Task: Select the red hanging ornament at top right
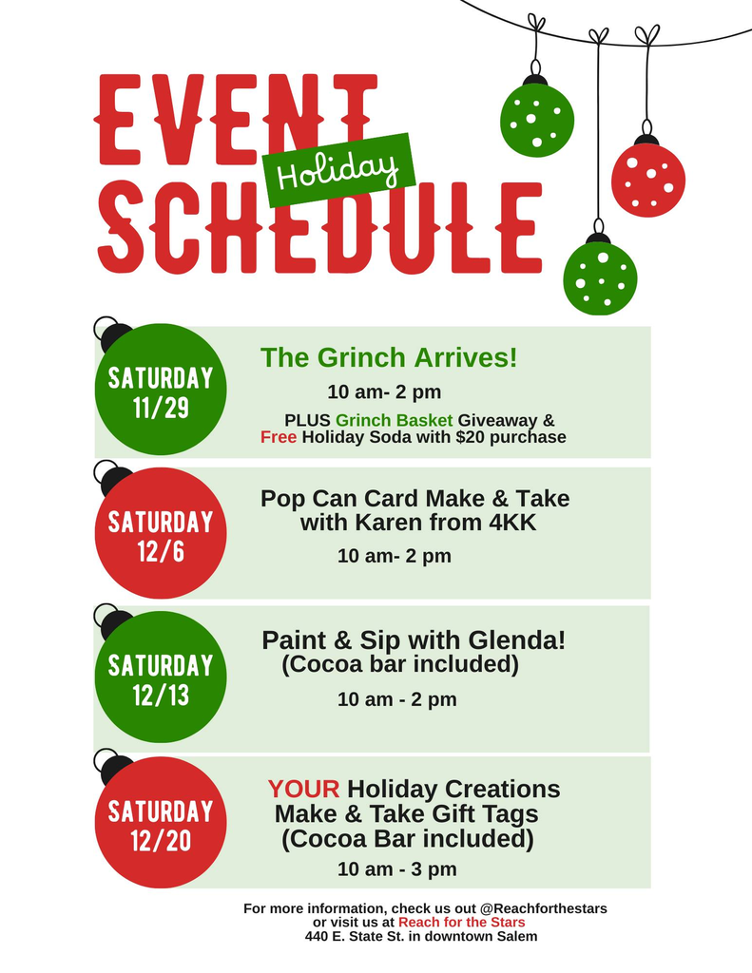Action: (647, 180)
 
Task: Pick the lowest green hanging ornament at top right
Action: (600, 277)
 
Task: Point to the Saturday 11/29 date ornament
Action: (161, 391)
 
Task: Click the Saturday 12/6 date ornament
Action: (161, 534)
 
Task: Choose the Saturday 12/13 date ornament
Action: (161, 677)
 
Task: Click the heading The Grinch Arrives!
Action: (389, 358)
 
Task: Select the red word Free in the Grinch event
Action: (279, 437)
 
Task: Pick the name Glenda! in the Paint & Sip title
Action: (523, 640)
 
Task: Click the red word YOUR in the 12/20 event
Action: (303, 789)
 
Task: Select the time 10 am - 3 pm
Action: (396, 868)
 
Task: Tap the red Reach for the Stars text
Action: (461, 922)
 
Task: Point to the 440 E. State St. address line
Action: (421, 936)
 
